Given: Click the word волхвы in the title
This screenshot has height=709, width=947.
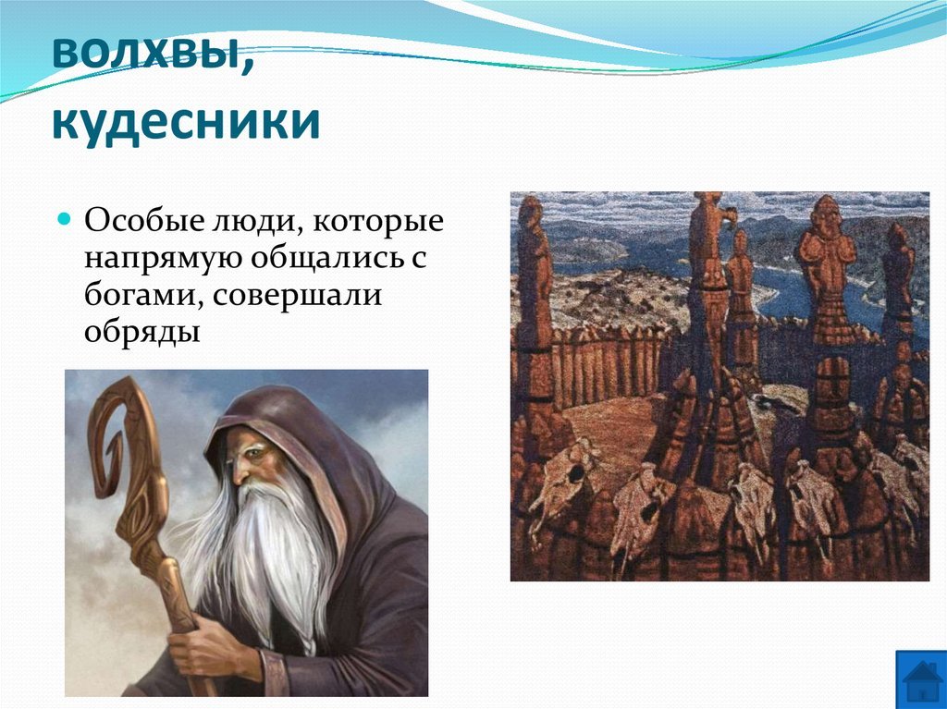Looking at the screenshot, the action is pos(146,53).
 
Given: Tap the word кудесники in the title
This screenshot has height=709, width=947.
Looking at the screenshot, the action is pos(186,121).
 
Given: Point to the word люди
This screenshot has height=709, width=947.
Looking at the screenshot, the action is pos(240,222).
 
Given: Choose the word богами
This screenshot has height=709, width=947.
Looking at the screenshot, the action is pos(144,295).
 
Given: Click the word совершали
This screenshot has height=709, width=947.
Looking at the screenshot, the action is pos(297,295).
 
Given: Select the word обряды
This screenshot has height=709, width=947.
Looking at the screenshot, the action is pos(141,332).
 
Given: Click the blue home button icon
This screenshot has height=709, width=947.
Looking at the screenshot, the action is pos(920,679).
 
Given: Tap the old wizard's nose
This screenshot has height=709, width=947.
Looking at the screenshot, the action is pos(240,471).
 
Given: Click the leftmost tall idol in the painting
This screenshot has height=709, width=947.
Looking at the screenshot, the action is pos(534,314).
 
